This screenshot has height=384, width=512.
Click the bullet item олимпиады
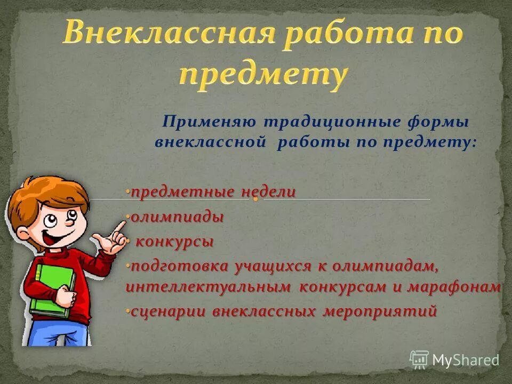pos(177,218)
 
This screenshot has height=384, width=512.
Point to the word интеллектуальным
pos(209,287)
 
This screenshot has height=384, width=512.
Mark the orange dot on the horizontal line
pos(255,199)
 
